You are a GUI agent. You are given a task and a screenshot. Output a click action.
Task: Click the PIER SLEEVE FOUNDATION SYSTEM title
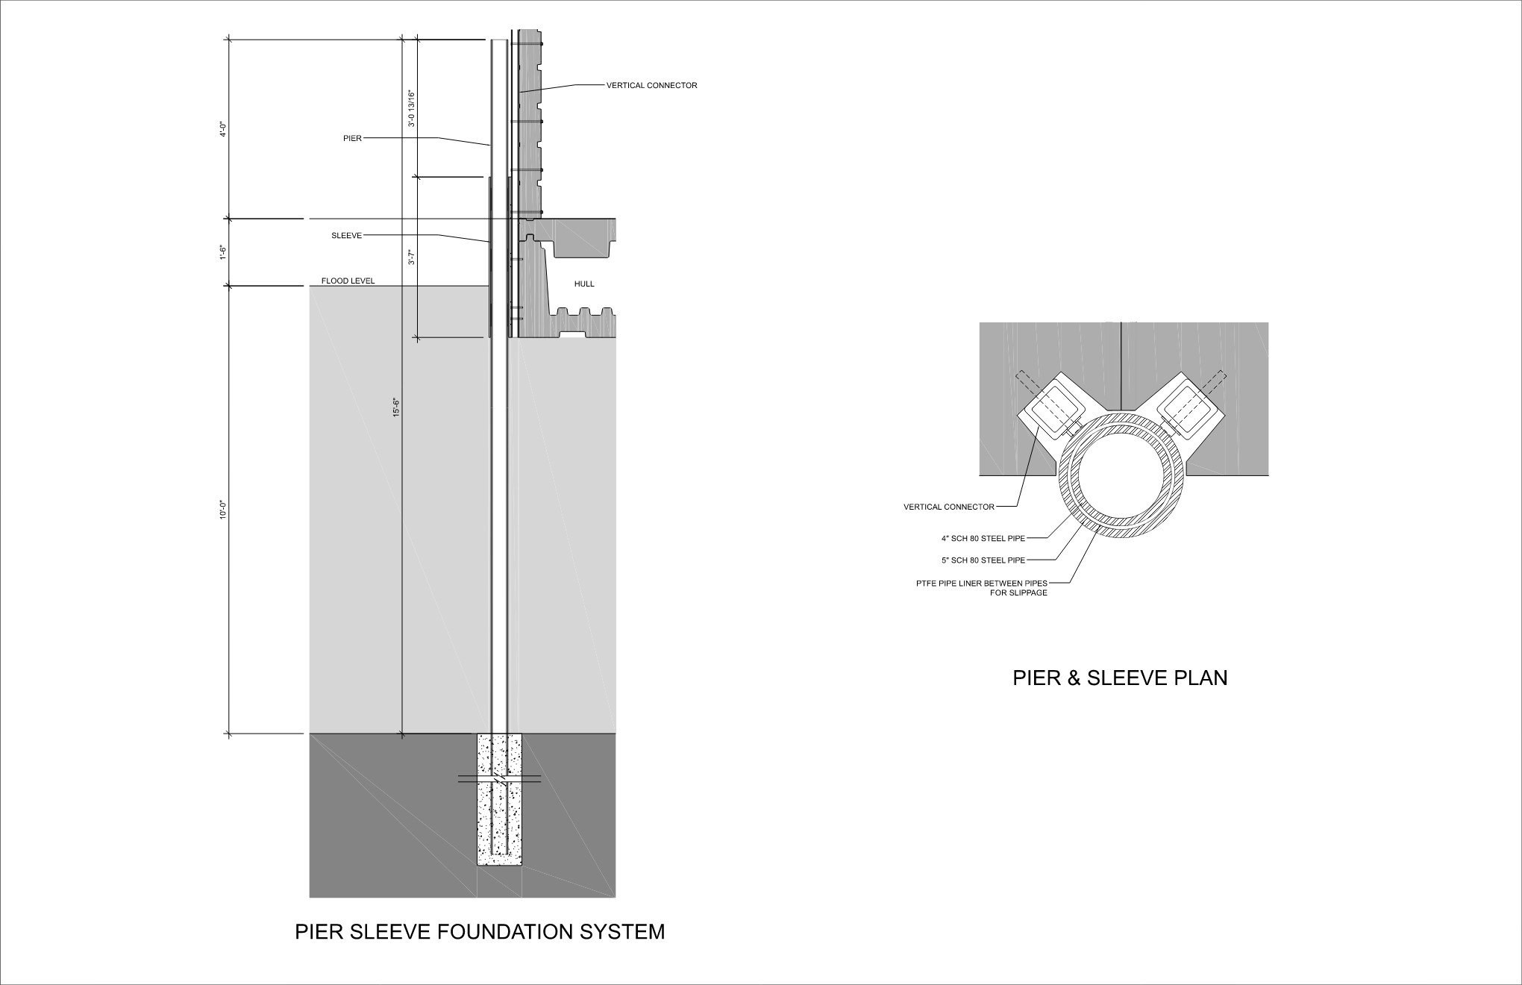pos(480,932)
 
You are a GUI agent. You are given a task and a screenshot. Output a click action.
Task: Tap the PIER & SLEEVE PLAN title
pos(1120,678)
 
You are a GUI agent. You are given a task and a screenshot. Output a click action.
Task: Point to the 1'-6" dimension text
pos(222,252)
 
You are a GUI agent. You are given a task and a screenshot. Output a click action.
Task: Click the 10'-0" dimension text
pos(222,510)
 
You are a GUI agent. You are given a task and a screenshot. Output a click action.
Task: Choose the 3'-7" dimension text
pos(411,257)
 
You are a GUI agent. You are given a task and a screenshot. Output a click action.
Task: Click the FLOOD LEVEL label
pos(348,281)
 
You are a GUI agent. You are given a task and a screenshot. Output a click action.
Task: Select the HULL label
pos(584,284)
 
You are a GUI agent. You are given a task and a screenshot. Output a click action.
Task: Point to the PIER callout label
pos(352,138)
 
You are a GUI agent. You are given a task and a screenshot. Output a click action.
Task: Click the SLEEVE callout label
pos(346,236)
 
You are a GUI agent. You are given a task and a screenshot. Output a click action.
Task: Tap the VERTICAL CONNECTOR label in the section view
pos(651,86)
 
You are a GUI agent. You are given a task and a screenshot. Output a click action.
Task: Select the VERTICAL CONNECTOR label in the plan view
pos(949,507)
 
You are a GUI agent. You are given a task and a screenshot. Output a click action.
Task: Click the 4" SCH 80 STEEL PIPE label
pos(983,538)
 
